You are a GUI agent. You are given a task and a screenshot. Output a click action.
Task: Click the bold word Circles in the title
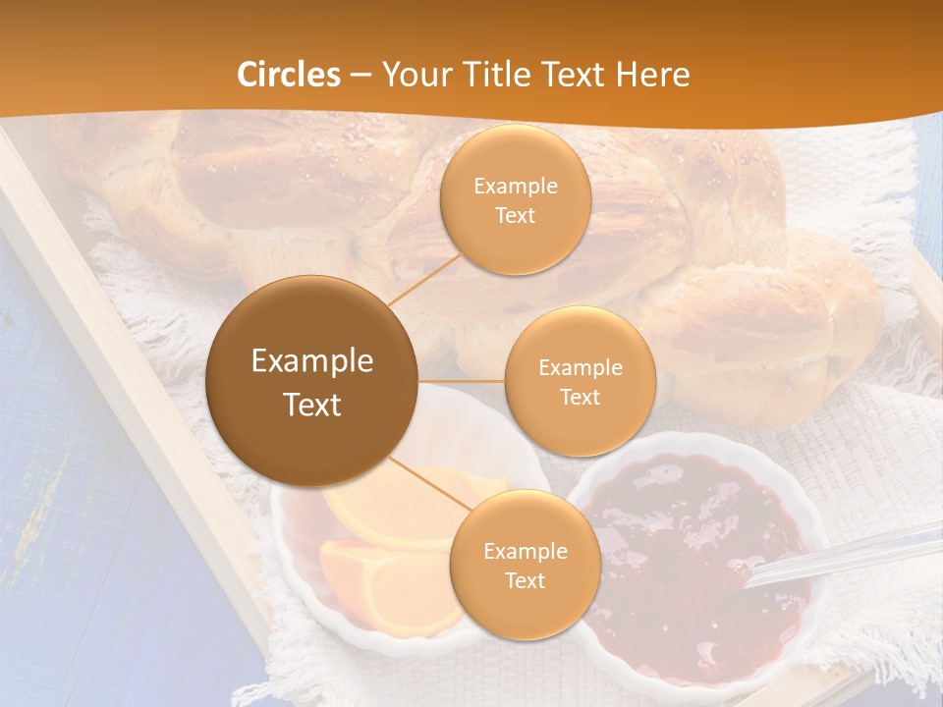coord(289,75)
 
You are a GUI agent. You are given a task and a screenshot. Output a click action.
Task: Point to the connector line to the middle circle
coord(462,380)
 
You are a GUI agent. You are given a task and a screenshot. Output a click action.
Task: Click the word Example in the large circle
coord(312,361)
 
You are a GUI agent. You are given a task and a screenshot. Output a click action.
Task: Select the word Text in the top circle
coord(515,215)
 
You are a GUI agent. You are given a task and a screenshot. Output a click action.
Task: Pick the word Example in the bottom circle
coord(526,551)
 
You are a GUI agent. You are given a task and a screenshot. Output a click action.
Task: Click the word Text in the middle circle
coord(580,397)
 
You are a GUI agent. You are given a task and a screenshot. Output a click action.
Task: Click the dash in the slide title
coord(361,75)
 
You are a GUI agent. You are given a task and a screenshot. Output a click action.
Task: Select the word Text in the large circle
coord(312,405)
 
